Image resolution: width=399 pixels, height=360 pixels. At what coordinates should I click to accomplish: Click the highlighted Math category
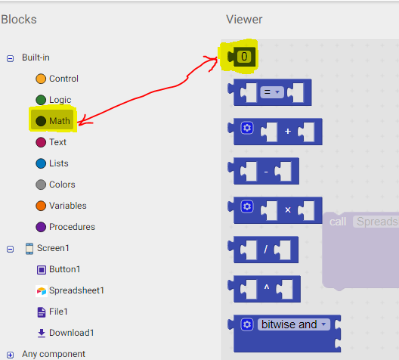coord(53,121)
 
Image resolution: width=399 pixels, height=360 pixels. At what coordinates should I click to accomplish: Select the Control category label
coord(63,79)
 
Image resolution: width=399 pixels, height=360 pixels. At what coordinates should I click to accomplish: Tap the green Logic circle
coord(41,100)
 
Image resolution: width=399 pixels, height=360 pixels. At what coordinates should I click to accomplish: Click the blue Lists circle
coord(41,163)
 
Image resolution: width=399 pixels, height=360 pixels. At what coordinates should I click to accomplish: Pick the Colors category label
coord(62,185)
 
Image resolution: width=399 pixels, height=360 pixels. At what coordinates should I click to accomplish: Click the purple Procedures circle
coord(41,227)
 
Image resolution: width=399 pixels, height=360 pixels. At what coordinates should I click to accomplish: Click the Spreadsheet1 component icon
coord(42,290)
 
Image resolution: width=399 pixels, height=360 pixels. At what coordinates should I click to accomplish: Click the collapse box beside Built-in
coord(10,58)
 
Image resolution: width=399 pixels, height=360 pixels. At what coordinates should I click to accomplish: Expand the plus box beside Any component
coord(10,355)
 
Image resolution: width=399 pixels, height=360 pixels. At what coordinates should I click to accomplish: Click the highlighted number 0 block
coord(242,57)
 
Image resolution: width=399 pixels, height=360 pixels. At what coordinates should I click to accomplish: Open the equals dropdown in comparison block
coord(272,92)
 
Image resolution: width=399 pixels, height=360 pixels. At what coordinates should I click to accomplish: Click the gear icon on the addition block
coord(247,128)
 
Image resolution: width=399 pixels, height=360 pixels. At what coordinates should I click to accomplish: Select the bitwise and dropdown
coord(294,324)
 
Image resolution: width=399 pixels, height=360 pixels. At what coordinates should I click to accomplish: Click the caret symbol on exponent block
coord(267,287)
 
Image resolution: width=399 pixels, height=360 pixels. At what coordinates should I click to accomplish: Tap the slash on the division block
coord(265,250)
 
